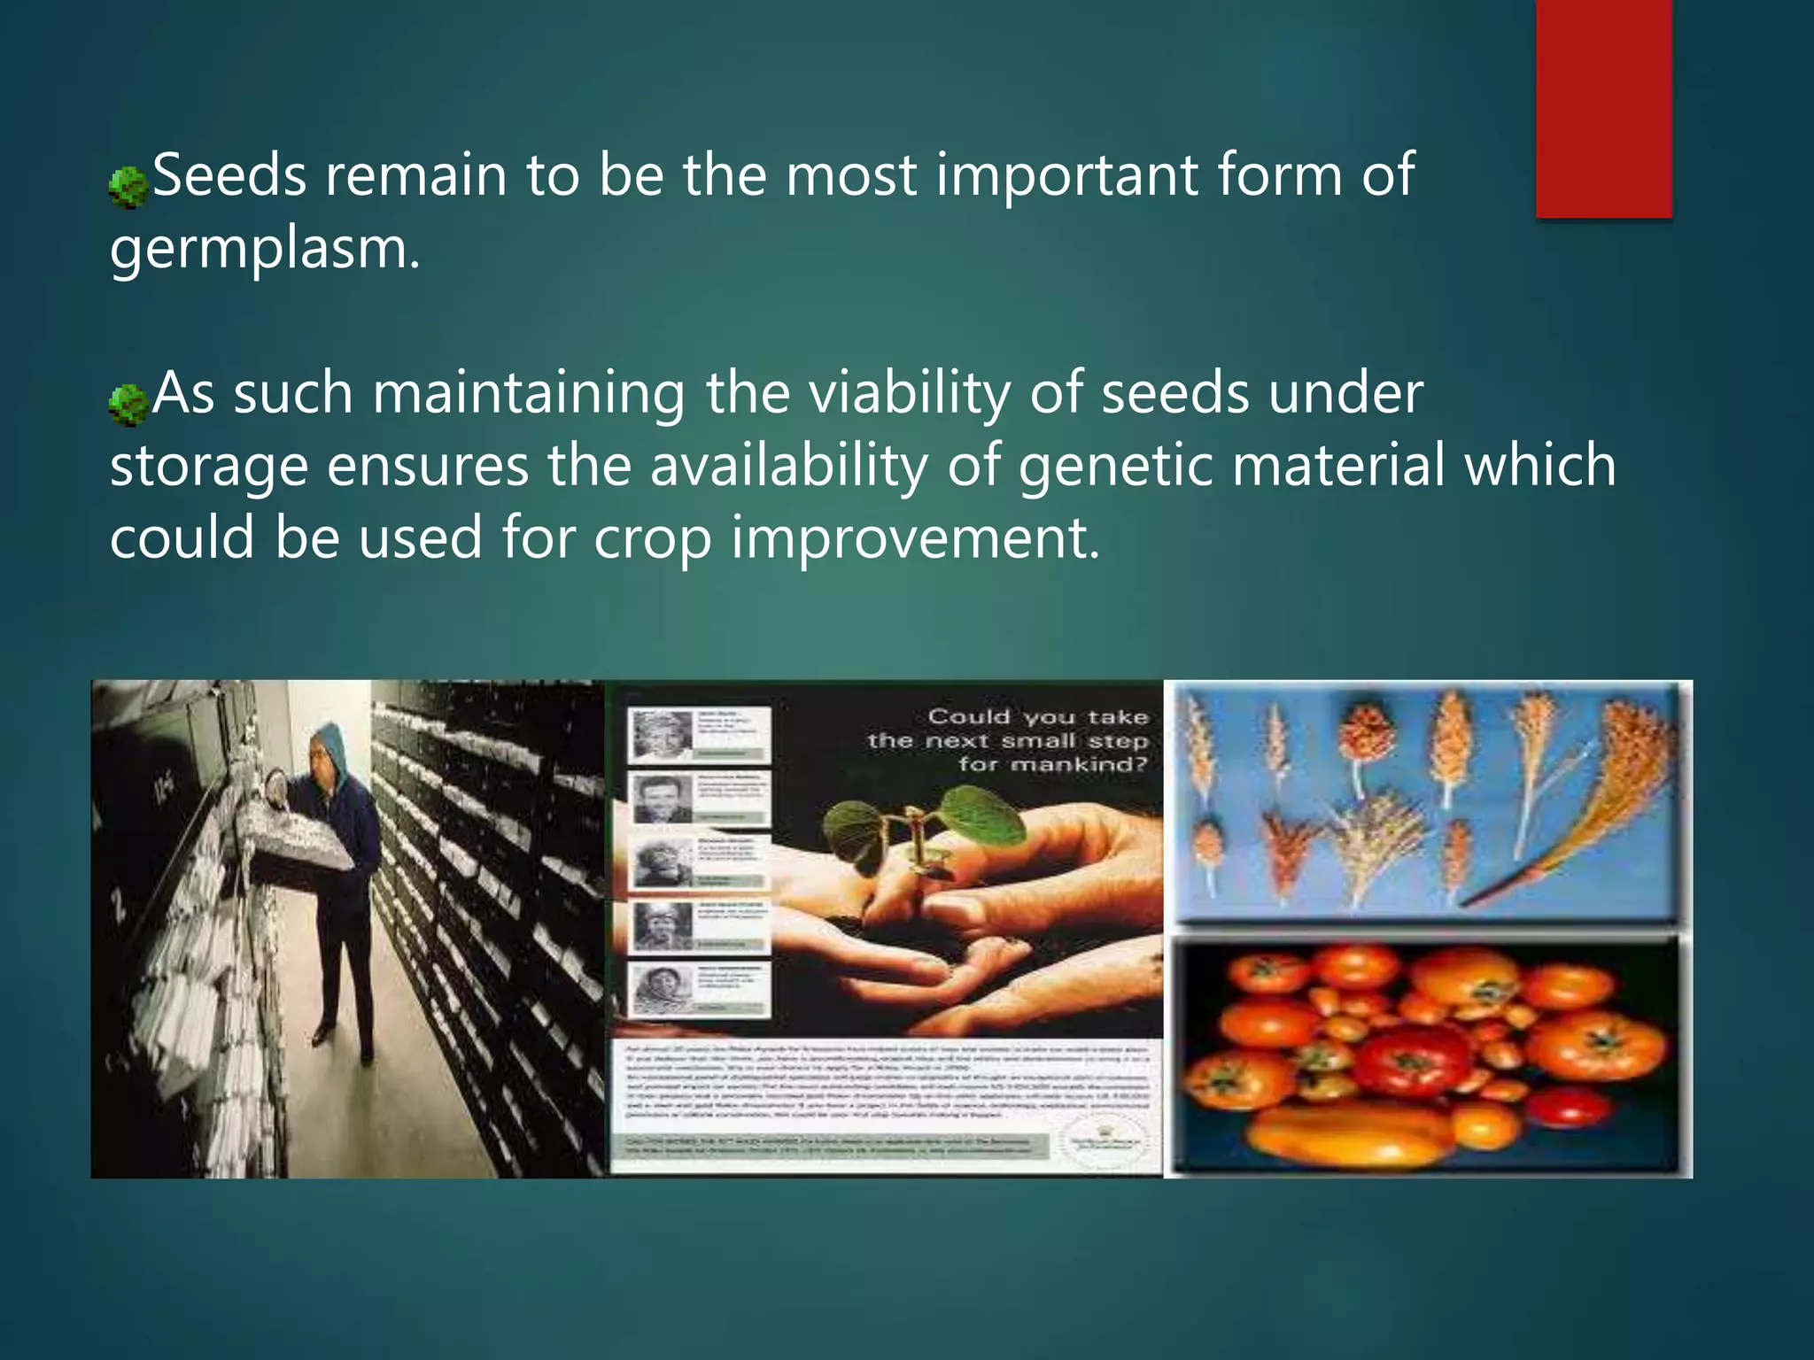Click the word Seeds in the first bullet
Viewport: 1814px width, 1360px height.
[x=229, y=175]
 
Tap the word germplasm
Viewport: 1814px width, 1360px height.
[x=264, y=250]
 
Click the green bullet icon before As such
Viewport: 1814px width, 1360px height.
[x=128, y=405]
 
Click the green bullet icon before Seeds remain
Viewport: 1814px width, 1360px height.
[x=128, y=187]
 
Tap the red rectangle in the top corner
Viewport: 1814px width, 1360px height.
[x=1603, y=108]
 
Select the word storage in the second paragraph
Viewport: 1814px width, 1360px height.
[x=208, y=467]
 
